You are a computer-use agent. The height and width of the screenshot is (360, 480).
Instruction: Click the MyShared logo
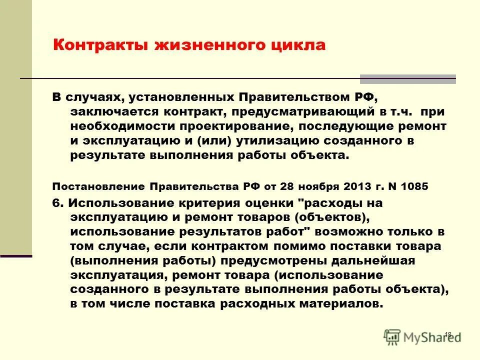[420, 337]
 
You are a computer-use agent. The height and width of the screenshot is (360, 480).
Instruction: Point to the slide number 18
[447, 333]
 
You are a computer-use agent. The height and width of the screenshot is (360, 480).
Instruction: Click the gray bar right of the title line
[408, 79]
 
